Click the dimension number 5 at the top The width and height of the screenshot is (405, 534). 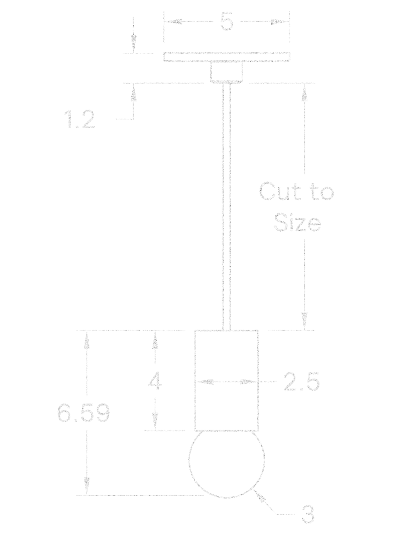click(227, 21)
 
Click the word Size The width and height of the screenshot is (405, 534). click(297, 222)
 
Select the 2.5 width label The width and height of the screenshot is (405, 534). click(301, 382)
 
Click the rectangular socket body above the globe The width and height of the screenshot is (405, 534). click(227, 380)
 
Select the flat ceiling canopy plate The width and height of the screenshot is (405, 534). click(227, 57)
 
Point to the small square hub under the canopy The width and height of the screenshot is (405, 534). click(227, 72)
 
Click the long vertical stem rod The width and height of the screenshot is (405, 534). click(227, 207)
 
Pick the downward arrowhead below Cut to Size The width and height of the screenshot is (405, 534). click(304, 321)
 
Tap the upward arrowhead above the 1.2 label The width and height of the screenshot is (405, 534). click(133, 93)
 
